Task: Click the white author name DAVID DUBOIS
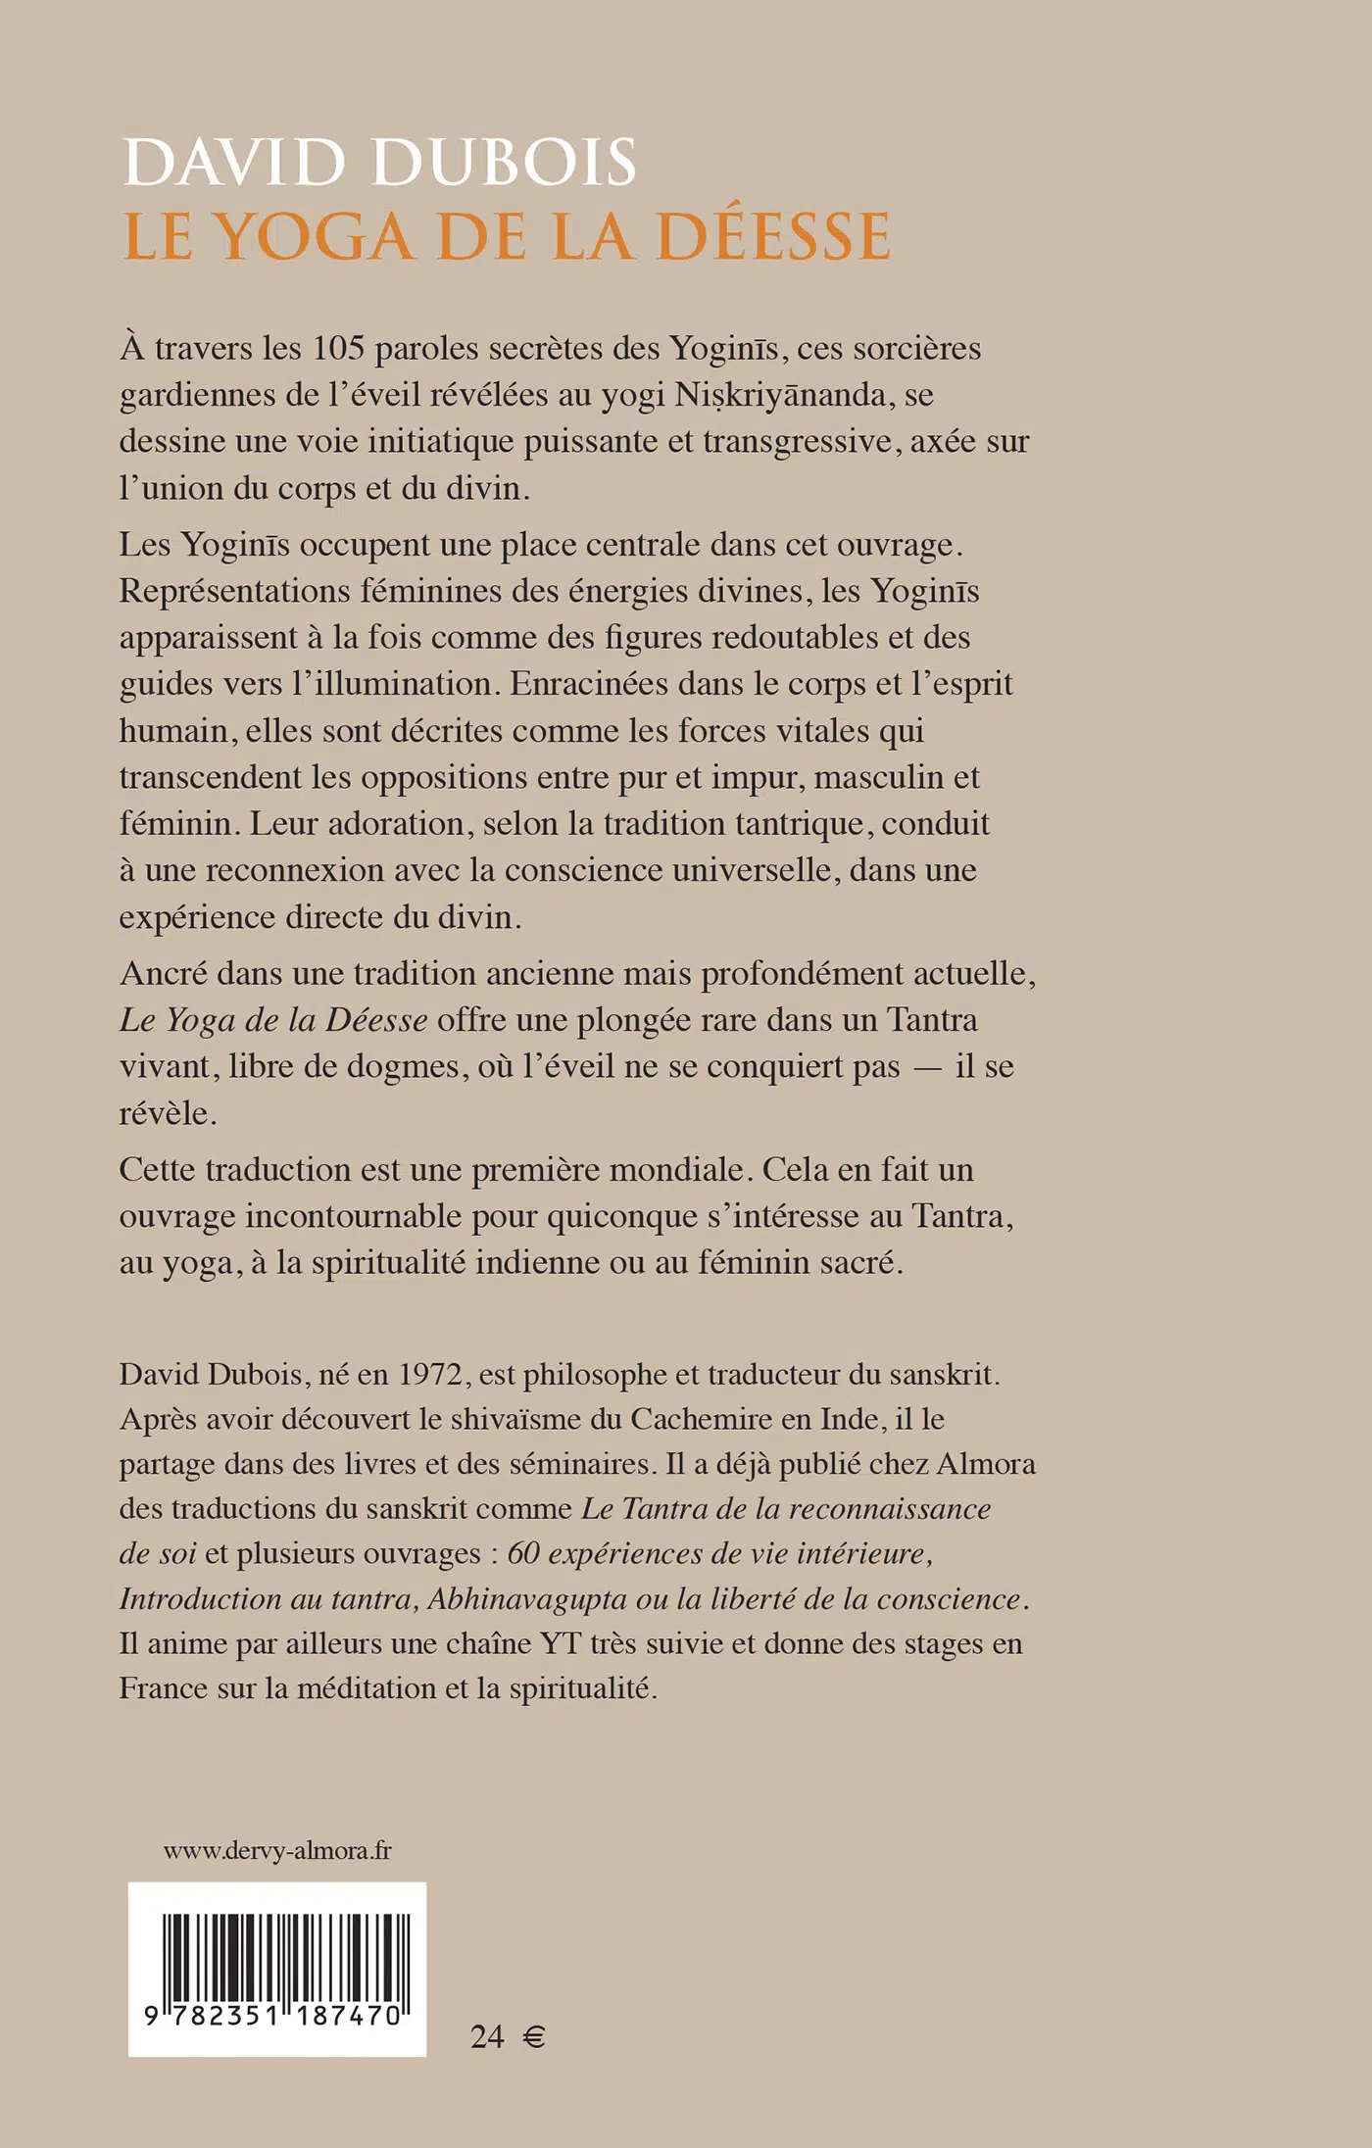[380, 163]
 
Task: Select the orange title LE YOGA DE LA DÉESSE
[508, 237]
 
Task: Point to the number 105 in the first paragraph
[338, 349]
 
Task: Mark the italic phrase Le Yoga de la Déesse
[273, 1021]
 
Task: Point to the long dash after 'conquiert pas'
[927, 1067]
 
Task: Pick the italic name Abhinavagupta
[527, 1599]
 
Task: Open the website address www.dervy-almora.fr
[277, 1851]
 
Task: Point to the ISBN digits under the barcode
[273, 2016]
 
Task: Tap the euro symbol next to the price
[534, 2038]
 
